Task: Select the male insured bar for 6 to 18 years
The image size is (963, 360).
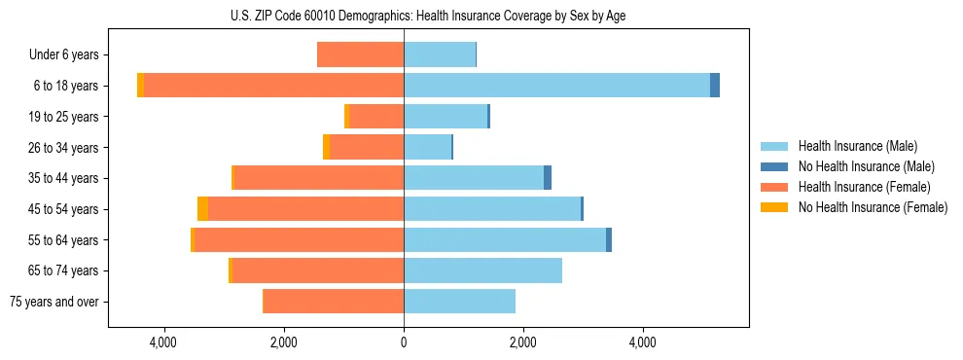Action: tap(556, 86)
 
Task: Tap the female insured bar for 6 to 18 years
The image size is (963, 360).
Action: tap(273, 86)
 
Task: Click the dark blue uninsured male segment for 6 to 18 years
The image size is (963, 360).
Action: tap(715, 86)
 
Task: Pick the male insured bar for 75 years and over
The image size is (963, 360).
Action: tap(459, 302)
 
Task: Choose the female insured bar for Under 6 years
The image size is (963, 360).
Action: tap(360, 55)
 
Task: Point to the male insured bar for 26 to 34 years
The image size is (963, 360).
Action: tap(427, 147)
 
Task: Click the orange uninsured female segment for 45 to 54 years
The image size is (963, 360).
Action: tap(202, 209)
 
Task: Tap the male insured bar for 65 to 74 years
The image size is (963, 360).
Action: tap(482, 270)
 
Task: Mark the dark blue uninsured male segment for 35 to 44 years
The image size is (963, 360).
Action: tap(548, 178)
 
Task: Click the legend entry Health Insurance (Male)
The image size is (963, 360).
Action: tap(857, 146)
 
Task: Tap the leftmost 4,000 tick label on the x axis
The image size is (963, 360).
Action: tap(163, 342)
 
